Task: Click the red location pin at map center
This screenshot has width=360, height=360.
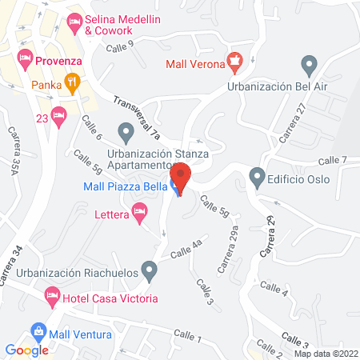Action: pyautogui.click(x=180, y=177)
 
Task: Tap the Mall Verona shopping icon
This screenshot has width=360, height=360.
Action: pyautogui.click(x=234, y=59)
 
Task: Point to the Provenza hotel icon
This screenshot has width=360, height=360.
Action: pyautogui.click(x=25, y=58)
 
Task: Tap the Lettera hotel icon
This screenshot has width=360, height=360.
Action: pyautogui.click(x=140, y=213)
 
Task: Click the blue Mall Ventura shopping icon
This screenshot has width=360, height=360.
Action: pyautogui.click(x=38, y=330)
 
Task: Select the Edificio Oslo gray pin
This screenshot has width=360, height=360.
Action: pyautogui.click(x=257, y=175)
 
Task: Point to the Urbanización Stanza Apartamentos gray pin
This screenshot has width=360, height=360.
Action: pyautogui.click(x=125, y=130)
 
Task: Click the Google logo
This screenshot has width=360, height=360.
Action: pyautogui.click(x=27, y=350)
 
